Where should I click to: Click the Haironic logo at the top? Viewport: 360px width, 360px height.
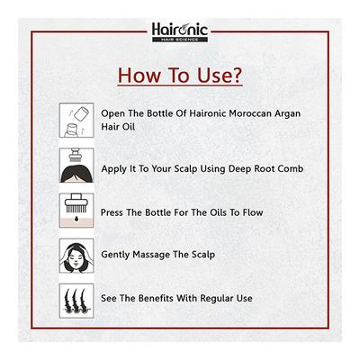pyautogui.click(x=179, y=31)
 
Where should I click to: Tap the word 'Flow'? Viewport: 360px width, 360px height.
pyautogui.click(x=260, y=212)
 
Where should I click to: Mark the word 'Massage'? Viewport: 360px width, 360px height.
pyautogui.click(x=166, y=256)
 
